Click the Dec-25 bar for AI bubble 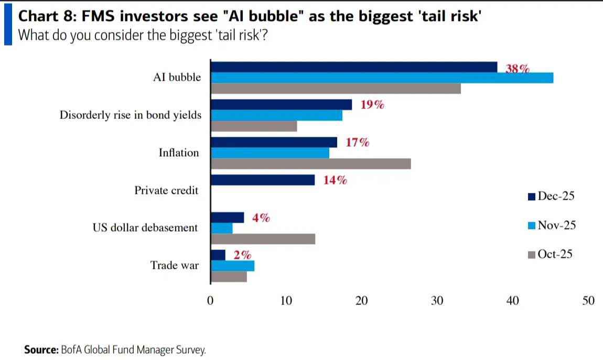pyautogui.click(x=353, y=67)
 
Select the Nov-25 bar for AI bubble pyautogui.click(x=382, y=78)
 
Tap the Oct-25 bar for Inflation pyautogui.click(x=310, y=164)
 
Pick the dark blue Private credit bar pyautogui.click(x=262, y=180)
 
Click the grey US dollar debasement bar pyautogui.click(x=263, y=239)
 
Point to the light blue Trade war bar pyautogui.click(x=232, y=266)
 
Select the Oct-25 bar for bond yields pyautogui.click(x=254, y=126)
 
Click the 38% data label pyautogui.click(x=518, y=68)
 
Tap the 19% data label pyautogui.click(x=372, y=105)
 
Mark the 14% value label pyautogui.click(x=335, y=180)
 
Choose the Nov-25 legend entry pyautogui.click(x=552, y=225)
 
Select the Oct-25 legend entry pyautogui.click(x=550, y=254)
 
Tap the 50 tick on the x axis pyautogui.click(x=588, y=301)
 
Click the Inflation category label pyautogui.click(x=179, y=153)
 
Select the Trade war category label pyautogui.click(x=175, y=265)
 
